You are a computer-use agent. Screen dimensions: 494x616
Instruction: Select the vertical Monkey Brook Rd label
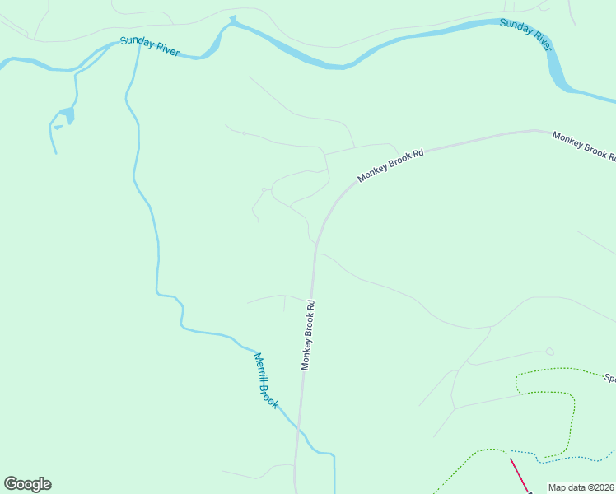[x=308, y=334]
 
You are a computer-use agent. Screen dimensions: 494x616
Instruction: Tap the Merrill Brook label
[x=265, y=380]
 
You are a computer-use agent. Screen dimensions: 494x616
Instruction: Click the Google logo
[x=27, y=484]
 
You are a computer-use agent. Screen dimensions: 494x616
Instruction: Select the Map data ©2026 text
[x=581, y=487]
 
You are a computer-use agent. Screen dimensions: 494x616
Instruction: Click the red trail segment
[x=519, y=474]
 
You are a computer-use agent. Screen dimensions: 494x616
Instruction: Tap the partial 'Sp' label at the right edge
[x=609, y=379]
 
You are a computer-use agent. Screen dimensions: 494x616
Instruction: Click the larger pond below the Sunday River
[x=66, y=114]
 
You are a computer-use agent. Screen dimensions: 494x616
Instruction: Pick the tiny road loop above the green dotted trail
[x=549, y=352]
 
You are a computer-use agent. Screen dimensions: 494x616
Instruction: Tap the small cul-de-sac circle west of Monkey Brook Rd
[x=264, y=190]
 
